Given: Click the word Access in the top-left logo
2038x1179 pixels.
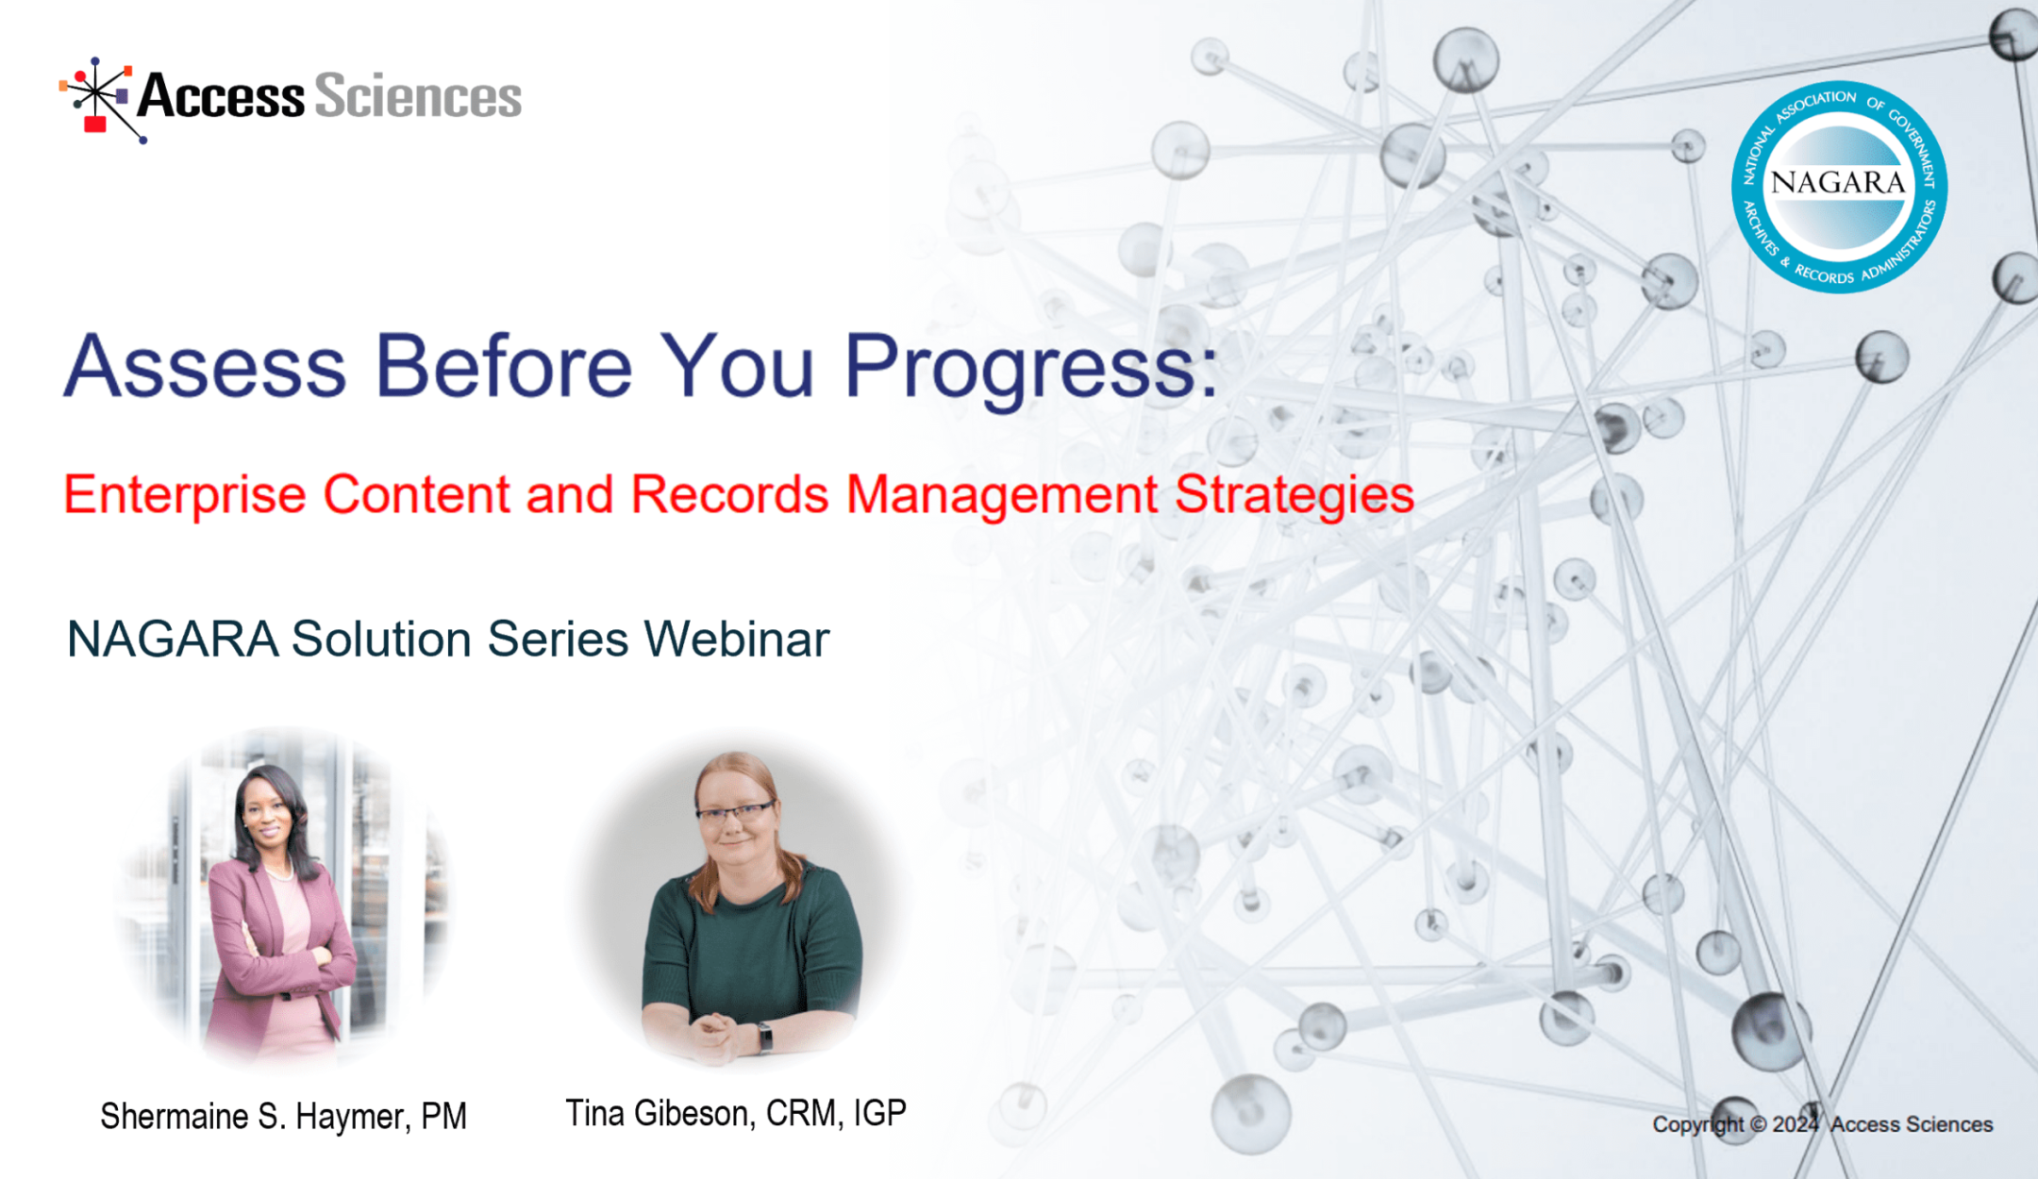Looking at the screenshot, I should (x=222, y=97).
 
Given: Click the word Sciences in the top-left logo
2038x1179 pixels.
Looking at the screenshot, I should (x=417, y=97).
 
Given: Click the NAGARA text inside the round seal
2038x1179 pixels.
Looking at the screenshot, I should (x=1838, y=182).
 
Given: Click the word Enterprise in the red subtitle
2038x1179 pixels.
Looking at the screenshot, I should (x=185, y=494).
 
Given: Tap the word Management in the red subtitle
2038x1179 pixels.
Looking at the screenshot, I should (x=1001, y=494).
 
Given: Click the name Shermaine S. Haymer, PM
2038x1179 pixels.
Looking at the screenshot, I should (x=283, y=1117).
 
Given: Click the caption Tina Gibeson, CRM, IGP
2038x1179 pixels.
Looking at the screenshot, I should (x=736, y=1114).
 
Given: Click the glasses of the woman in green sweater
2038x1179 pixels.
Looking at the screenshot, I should (x=734, y=812).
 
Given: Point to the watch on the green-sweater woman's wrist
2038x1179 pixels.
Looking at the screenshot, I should (x=765, y=1038).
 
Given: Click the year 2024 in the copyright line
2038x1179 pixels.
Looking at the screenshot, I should (x=1795, y=1124).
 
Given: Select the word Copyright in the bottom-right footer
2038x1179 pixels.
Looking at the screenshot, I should (x=1697, y=1124).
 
